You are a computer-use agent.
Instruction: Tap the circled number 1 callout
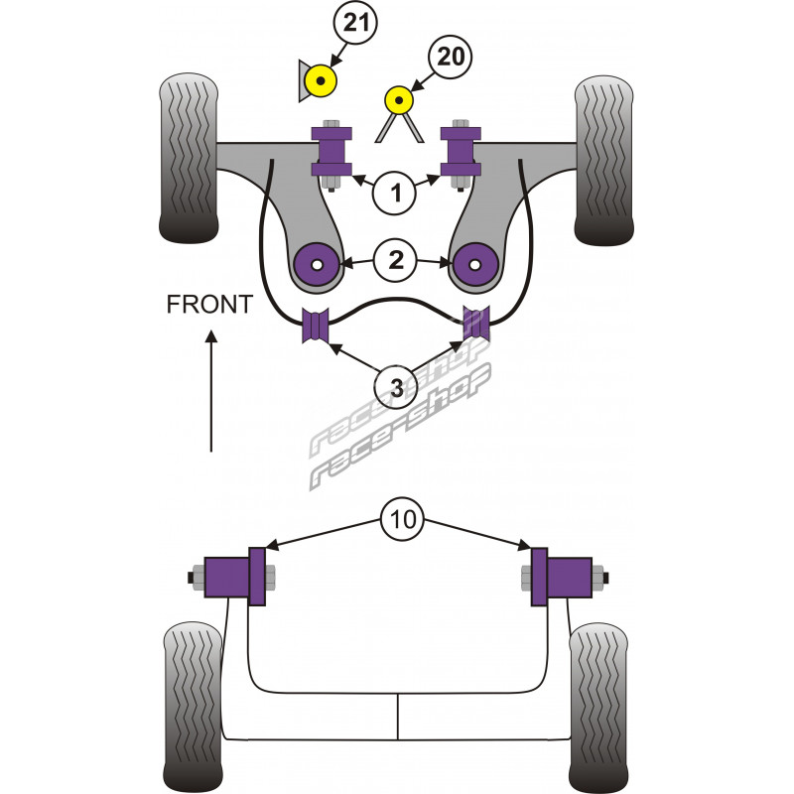point(397,193)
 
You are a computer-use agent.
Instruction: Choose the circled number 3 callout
point(397,388)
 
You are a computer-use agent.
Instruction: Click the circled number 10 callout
point(398,519)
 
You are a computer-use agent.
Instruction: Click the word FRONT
point(209,305)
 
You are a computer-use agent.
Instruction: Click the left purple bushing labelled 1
point(331,151)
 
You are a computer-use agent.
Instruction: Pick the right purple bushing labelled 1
point(461,151)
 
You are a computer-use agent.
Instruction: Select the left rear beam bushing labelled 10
point(241,577)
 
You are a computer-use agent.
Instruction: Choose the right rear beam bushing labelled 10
point(556,577)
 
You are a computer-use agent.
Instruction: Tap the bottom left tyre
point(192,700)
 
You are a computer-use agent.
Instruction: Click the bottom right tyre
point(601,700)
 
